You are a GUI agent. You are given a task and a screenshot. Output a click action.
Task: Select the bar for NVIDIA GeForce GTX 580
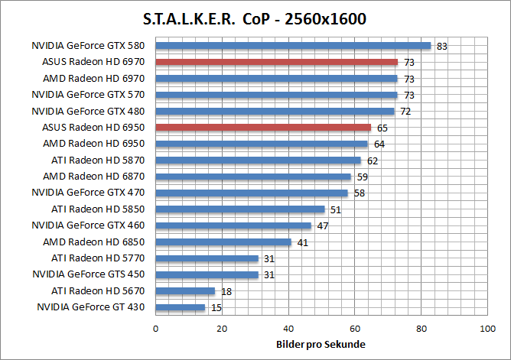(293, 45)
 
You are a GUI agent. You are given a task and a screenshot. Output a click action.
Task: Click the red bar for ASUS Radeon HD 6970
(277, 62)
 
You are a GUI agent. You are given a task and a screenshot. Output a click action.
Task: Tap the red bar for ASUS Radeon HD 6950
(263, 128)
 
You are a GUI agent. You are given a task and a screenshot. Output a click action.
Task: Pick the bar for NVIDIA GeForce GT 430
(181, 307)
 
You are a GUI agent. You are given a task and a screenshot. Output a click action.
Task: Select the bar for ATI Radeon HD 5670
(185, 291)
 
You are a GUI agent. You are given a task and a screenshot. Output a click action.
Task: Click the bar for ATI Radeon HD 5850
(240, 209)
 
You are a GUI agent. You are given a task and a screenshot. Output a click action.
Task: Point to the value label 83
(441, 46)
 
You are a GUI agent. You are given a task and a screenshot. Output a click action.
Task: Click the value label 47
(322, 226)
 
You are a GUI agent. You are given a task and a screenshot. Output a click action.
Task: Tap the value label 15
(216, 308)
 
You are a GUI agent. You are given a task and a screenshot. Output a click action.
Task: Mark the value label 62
(372, 161)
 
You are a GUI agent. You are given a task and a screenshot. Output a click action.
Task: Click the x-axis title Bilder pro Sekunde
(321, 345)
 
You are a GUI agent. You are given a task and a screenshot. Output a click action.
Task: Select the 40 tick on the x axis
(288, 329)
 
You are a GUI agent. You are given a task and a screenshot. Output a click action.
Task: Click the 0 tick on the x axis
(156, 329)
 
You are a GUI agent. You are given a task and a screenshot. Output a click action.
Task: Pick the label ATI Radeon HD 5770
(100, 258)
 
